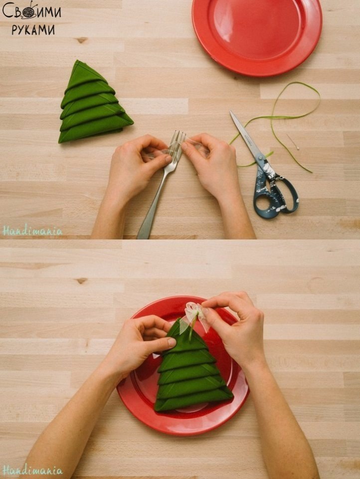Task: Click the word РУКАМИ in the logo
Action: pyautogui.click(x=33, y=29)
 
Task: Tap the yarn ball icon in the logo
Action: pyautogui.click(x=29, y=11)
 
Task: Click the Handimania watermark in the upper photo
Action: pyautogui.click(x=32, y=231)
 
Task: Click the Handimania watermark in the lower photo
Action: pyautogui.click(x=32, y=470)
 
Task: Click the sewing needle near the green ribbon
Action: pyautogui.click(x=293, y=142)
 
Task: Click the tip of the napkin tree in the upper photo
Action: pyautogui.click(x=78, y=61)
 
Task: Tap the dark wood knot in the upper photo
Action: pyautogui.click(x=81, y=40)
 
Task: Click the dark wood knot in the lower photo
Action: pyautogui.click(x=81, y=280)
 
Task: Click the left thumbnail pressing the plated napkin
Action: pyautogui.click(x=172, y=342)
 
